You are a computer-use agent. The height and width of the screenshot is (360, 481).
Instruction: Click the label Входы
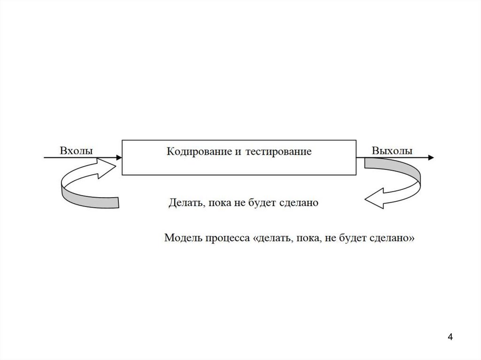(x=76, y=151)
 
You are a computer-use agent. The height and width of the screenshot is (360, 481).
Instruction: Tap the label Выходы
(x=392, y=151)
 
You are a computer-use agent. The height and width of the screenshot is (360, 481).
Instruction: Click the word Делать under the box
(x=184, y=203)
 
